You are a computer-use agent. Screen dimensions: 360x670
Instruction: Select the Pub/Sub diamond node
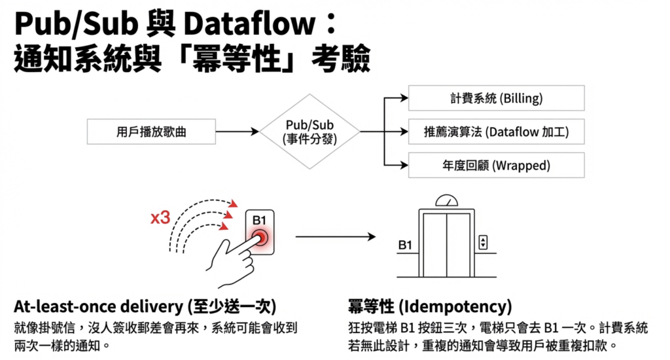pyautogui.click(x=309, y=132)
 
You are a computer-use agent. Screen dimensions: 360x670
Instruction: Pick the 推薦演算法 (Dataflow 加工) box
pyautogui.click(x=495, y=132)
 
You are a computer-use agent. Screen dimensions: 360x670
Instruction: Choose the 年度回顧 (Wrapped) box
pyautogui.click(x=495, y=165)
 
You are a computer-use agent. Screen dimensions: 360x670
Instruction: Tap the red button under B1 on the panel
pyautogui.click(x=260, y=238)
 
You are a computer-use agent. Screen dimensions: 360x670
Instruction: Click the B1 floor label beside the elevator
pyautogui.click(x=405, y=245)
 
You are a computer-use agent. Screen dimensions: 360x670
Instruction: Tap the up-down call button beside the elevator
pyautogui.click(x=483, y=242)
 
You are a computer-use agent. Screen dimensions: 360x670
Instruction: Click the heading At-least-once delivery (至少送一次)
pyautogui.click(x=145, y=307)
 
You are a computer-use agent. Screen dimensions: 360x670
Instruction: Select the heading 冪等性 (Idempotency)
pyautogui.click(x=430, y=307)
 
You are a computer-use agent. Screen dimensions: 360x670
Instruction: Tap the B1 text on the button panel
pyautogui.click(x=260, y=220)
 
